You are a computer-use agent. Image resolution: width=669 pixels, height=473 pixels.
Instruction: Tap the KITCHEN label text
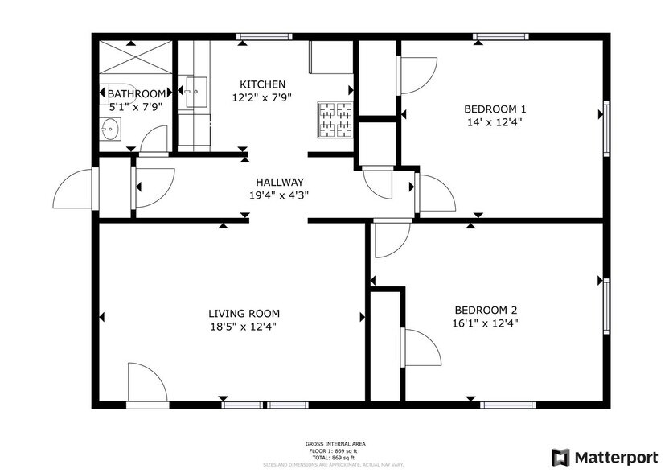point(263,84)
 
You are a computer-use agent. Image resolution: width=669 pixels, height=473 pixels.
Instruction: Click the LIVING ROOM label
point(244,313)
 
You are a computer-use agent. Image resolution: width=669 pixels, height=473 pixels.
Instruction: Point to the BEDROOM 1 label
point(495,109)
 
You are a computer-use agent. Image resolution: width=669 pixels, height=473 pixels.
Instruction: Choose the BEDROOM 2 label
point(486,310)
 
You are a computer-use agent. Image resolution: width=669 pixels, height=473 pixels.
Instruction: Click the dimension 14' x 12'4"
point(495,122)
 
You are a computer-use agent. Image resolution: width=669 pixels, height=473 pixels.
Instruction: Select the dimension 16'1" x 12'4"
point(486,323)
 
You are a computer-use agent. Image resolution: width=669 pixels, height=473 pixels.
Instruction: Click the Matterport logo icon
point(560,456)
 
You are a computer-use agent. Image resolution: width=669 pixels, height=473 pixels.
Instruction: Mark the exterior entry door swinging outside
point(74,191)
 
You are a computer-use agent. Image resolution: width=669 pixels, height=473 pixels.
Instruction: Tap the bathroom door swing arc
point(154,141)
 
